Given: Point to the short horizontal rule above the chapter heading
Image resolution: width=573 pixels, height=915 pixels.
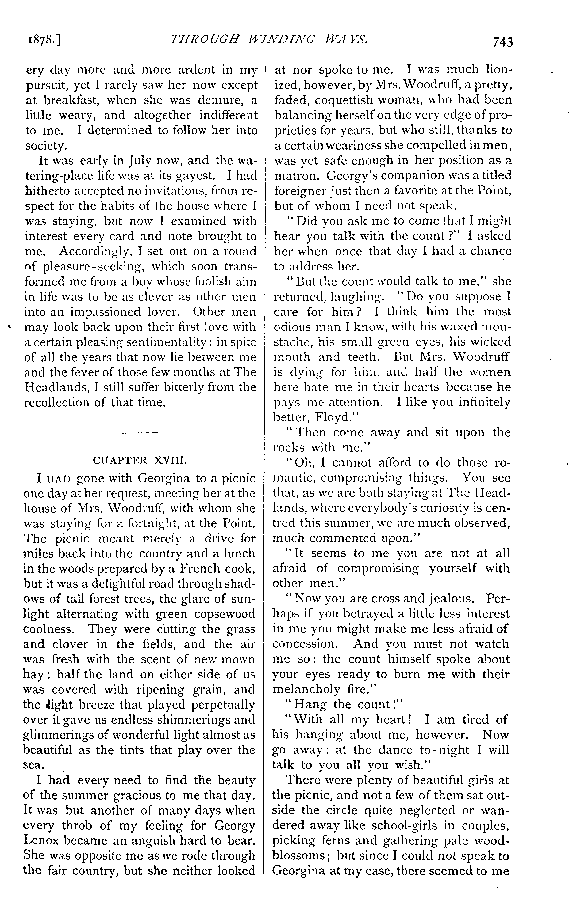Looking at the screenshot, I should pos(140,433).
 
